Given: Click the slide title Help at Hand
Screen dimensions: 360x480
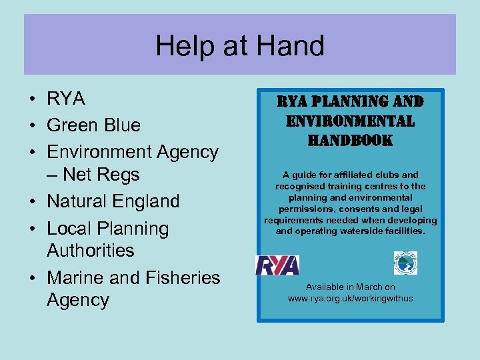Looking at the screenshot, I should pyautogui.click(x=240, y=45).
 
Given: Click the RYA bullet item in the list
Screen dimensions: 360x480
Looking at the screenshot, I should pyautogui.click(x=66, y=99).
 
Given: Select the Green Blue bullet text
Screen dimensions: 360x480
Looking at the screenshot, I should pyautogui.click(x=93, y=125).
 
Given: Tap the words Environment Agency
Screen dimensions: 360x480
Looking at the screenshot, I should pyautogui.click(x=132, y=152).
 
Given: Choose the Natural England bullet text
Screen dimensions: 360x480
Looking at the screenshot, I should pyautogui.click(x=113, y=201).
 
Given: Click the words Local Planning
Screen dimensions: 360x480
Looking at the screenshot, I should pyautogui.click(x=107, y=228).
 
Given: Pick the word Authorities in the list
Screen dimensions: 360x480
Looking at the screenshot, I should pyautogui.click(x=90, y=251).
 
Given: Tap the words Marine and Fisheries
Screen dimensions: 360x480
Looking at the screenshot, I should pyautogui.click(x=133, y=277).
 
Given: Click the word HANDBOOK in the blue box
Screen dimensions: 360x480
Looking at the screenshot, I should pyautogui.click(x=351, y=141).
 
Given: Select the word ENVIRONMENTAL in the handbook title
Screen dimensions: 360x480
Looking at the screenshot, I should pyautogui.click(x=351, y=121).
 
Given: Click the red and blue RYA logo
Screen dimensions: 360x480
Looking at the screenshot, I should pyautogui.click(x=277, y=265).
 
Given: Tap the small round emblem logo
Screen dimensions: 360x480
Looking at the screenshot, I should pyautogui.click(x=405, y=263).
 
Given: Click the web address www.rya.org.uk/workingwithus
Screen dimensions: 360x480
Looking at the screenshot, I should pyautogui.click(x=351, y=298).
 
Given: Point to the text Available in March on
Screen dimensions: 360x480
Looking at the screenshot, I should pyautogui.click(x=351, y=287).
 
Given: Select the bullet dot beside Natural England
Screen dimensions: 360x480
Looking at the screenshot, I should pyautogui.click(x=32, y=201).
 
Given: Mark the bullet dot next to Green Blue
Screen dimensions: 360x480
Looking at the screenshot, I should pyautogui.click(x=32, y=126).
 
